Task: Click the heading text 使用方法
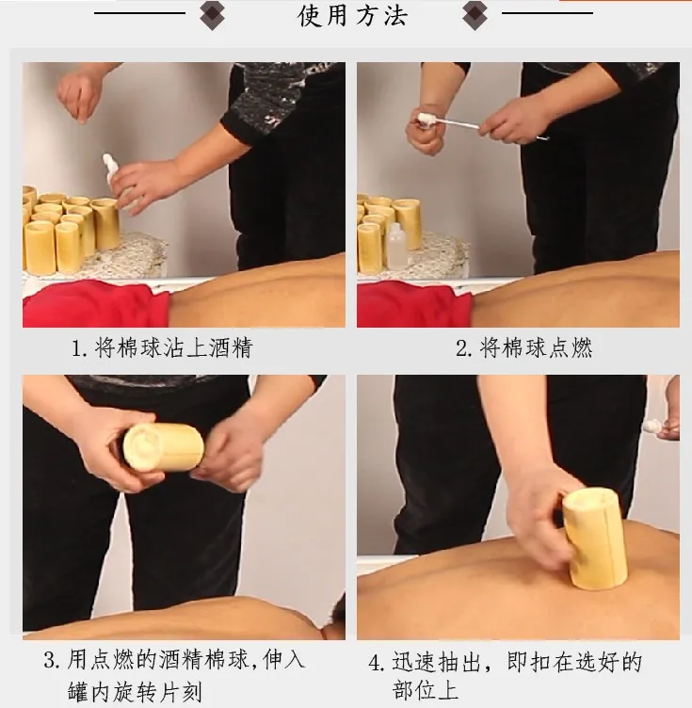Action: [x=352, y=15]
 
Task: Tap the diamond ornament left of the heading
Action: [x=212, y=14]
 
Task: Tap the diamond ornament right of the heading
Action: [x=475, y=14]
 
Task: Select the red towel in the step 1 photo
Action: [x=96, y=302]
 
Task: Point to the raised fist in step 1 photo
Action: [x=78, y=96]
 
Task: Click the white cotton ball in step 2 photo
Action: [x=426, y=120]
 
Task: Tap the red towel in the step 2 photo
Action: [x=414, y=303]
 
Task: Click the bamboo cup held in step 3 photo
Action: [x=164, y=446]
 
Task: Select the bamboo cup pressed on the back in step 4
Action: [x=594, y=538]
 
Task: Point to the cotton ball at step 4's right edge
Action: [x=652, y=426]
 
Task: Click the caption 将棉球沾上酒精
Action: [x=173, y=348]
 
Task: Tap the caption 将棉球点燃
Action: [x=536, y=348]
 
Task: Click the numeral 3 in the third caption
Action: [x=50, y=661]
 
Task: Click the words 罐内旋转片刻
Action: [x=135, y=692]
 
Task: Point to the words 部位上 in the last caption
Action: [x=425, y=689]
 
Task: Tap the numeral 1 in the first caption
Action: [x=77, y=348]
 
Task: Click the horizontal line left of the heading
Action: [x=139, y=13]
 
